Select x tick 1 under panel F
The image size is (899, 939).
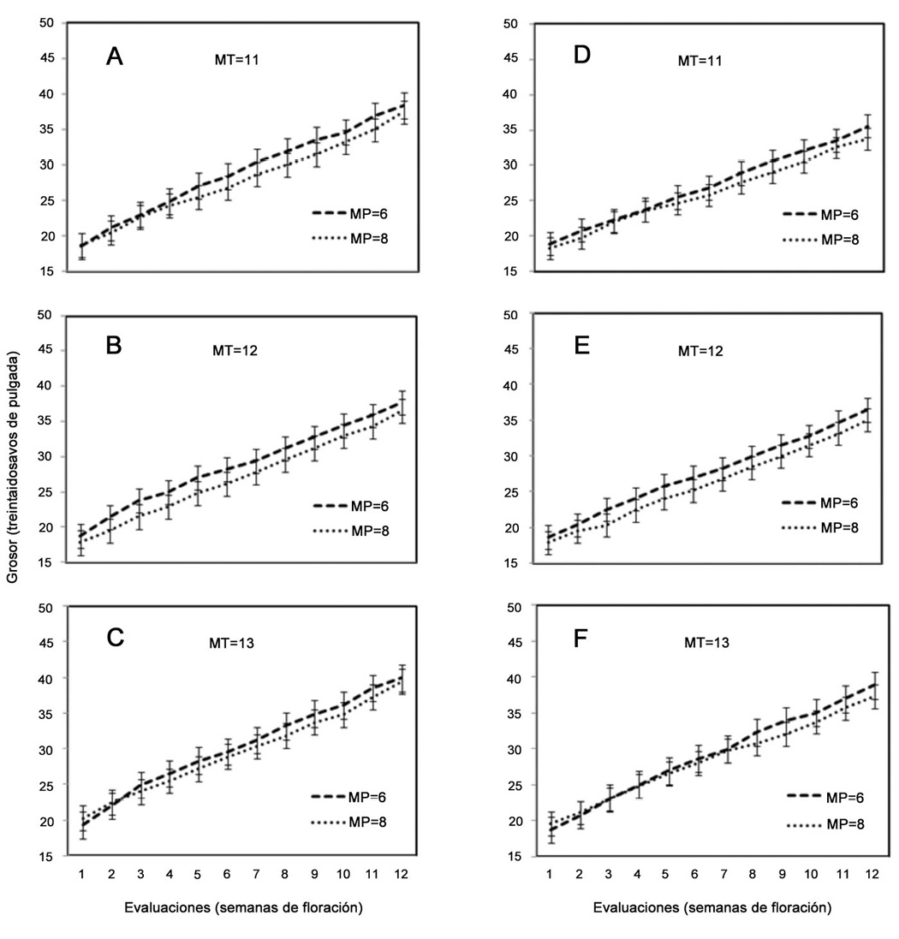555,876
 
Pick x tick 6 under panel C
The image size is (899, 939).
228,876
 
